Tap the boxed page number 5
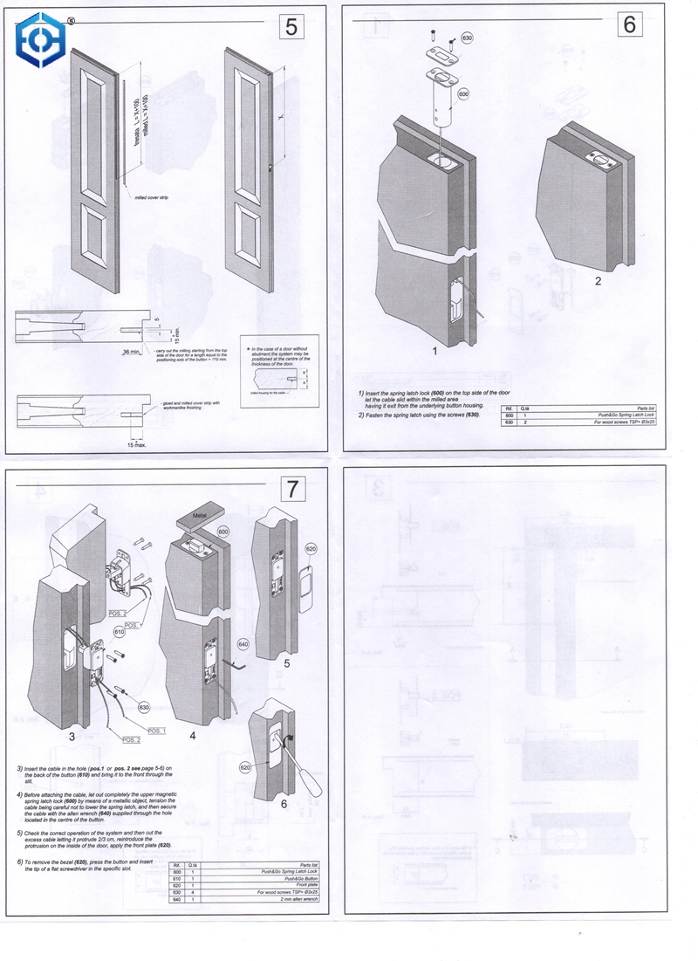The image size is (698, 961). click(x=291, y=27)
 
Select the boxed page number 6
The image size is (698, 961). click(x=629, y=24)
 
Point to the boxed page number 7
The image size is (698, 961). click(x=291, y=489)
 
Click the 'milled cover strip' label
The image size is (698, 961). click(x=151, y=199)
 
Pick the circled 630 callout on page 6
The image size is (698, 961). click(x=467, y=39)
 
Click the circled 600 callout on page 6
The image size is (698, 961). click(x=463, y=94)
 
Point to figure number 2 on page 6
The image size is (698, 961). click(x=598, y=281)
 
